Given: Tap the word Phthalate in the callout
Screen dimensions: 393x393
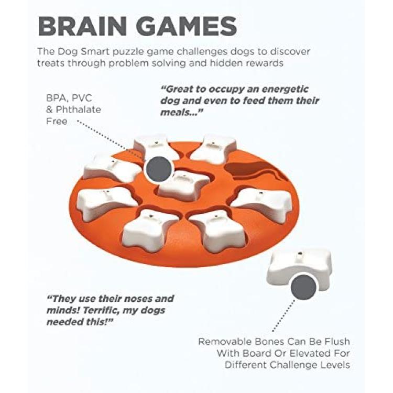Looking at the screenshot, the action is point(78,110).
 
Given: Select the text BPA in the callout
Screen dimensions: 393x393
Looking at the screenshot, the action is point(57,98).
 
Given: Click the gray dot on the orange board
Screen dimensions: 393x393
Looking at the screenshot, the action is point(159,169).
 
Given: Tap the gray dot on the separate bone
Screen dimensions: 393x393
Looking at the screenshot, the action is point(303,287).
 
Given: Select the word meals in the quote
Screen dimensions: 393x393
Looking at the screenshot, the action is point(178,113).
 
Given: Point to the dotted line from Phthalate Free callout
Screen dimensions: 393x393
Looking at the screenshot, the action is point(111,139).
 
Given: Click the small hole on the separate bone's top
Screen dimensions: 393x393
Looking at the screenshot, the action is point(300,254).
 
